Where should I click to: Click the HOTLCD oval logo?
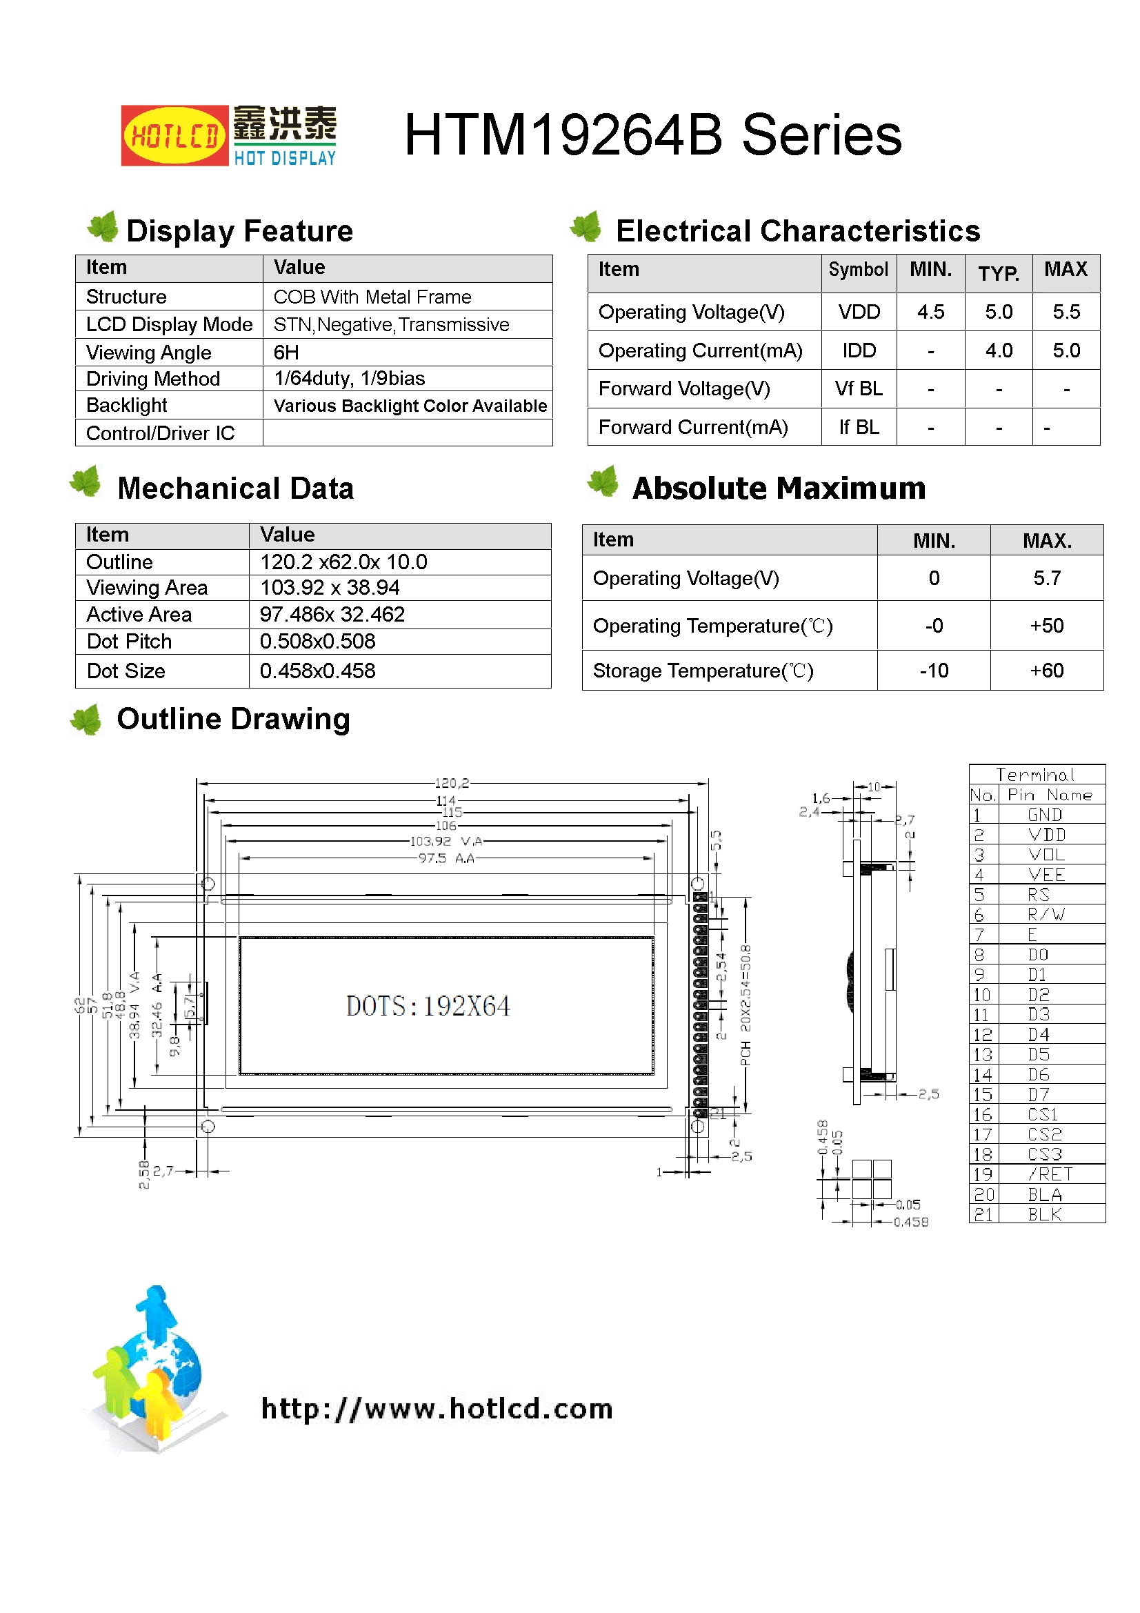(174, 135)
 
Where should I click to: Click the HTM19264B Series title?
(652, 135)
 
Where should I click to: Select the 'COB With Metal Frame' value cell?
(372, 297)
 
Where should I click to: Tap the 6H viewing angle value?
(286, 352)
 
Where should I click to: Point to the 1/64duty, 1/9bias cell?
(349, 378)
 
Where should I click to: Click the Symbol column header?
(858, 270)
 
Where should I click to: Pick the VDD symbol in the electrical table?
(859, 312)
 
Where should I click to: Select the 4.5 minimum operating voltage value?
(930, 312)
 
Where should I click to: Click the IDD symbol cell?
(859, 350)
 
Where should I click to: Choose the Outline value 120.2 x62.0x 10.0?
(343, 562)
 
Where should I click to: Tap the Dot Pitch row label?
(129, 642)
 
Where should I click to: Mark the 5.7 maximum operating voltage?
(1047, 578)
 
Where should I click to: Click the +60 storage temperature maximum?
(1047, 671)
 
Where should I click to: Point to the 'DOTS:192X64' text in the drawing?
(428, 1006)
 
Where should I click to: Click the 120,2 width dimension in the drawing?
(452, 782)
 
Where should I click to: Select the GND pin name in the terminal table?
(1044, 815)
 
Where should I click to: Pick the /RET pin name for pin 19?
(1050, 1174)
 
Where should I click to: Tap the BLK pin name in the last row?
(1044, 1214)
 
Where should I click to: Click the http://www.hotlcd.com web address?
(437, 1409)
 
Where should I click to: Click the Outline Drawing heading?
(233, 719)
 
